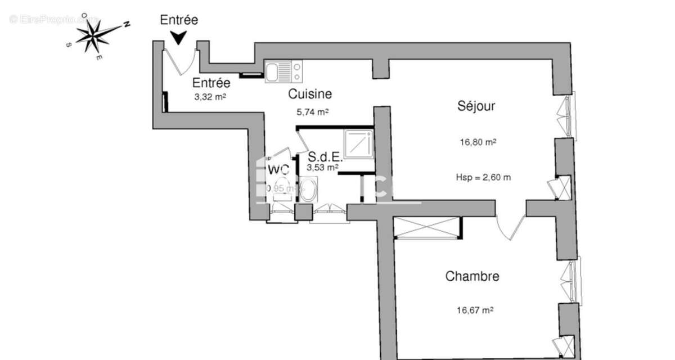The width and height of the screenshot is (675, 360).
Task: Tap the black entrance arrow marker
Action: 179,38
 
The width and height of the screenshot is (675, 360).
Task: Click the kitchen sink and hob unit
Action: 283,71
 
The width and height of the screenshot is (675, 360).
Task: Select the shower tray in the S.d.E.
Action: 358,144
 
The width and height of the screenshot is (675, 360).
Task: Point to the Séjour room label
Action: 476,106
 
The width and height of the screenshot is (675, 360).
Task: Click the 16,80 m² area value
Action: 478,142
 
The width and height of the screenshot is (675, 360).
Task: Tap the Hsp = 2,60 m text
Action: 483,178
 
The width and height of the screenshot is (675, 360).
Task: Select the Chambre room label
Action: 472,276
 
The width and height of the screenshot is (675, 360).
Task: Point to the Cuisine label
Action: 310,94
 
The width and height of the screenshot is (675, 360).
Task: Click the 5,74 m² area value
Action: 313,112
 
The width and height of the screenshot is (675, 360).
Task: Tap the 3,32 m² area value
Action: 210,97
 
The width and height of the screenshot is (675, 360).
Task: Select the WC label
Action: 278,169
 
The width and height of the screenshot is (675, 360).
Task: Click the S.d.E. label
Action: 325,158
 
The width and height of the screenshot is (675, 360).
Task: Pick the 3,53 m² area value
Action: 322,168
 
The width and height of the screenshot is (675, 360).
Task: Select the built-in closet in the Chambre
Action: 426,227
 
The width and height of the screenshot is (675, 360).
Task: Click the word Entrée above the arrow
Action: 179,20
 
